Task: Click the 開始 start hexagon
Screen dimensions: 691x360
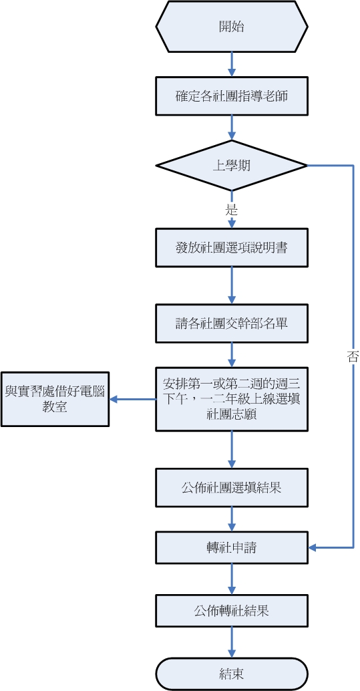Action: tap(232, 27)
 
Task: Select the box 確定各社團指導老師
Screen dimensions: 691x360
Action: tap(232, 96)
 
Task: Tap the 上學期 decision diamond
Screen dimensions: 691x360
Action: tap(232, 165)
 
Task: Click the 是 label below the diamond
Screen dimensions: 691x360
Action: tap(232, 210)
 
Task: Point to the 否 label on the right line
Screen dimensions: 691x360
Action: tap(353, 357)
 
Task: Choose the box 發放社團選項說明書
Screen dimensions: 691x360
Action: tap(232, 248)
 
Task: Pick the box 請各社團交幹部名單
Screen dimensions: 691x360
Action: tap(232, 323)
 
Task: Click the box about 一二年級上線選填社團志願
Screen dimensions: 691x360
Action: tap(232, 399)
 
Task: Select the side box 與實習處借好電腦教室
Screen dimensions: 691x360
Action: tap(55, 399)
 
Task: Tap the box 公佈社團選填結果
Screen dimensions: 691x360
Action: tap(232, 487)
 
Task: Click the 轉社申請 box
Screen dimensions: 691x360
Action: tap(232, 548)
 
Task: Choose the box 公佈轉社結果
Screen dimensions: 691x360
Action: tap(232, 611)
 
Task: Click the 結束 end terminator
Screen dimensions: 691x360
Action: tap(232, 674)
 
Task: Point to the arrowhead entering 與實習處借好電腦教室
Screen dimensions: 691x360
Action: tap(114, 399)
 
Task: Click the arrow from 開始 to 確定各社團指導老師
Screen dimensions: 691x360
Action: tap(232, 64)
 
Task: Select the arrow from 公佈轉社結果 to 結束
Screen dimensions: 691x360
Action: tap(232, 642)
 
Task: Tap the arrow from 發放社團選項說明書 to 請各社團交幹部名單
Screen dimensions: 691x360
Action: tap(232, 285)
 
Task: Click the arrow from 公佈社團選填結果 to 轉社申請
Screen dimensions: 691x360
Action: tap(232, 518)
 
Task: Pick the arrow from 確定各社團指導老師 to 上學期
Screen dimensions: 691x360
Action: tap(232, 127)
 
